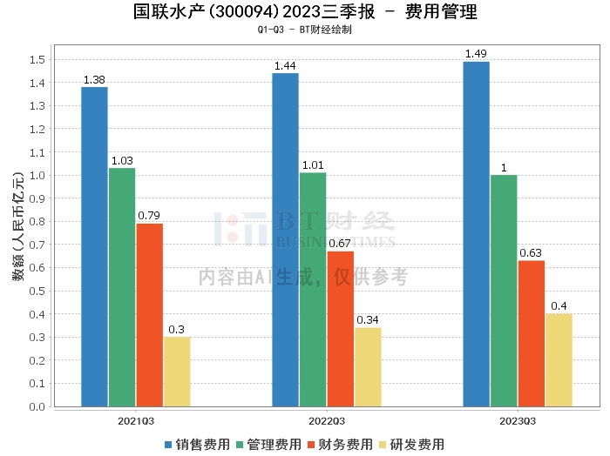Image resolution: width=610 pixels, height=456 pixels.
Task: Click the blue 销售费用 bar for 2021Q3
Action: [94, 246]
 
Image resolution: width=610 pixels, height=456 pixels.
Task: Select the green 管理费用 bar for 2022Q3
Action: [313, 290]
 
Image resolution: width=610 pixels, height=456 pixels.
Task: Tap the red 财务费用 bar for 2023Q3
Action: [532, 333]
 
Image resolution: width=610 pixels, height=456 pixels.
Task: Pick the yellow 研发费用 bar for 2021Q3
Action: [177, 372]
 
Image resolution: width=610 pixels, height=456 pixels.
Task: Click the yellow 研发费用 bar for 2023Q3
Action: [559, 360]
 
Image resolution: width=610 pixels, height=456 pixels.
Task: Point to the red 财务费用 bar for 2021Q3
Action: [150, 315]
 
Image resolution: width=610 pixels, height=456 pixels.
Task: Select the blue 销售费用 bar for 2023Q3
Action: [476, 234]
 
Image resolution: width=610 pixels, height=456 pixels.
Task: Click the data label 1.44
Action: [285, 66]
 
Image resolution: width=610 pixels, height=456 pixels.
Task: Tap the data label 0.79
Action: [149, 216]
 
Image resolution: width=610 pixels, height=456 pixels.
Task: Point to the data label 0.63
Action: [531, 253]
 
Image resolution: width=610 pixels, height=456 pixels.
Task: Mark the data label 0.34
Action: [368, 320]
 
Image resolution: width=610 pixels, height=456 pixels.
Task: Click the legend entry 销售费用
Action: [198, 445]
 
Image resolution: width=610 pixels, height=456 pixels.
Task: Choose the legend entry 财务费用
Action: [341, 445]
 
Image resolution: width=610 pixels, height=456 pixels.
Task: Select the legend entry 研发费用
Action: [412, 445]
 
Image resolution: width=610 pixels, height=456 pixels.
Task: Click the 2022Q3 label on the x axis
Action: [327, 421]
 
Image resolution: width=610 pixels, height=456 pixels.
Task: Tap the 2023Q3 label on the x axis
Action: [518, 421]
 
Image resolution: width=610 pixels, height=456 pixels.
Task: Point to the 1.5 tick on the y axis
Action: [37, 60]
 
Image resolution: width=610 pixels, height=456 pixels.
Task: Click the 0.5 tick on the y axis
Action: [37, 291]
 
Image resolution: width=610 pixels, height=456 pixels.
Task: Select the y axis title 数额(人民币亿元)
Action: [18, 226]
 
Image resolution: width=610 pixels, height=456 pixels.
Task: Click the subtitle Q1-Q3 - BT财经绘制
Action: [305, 30]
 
